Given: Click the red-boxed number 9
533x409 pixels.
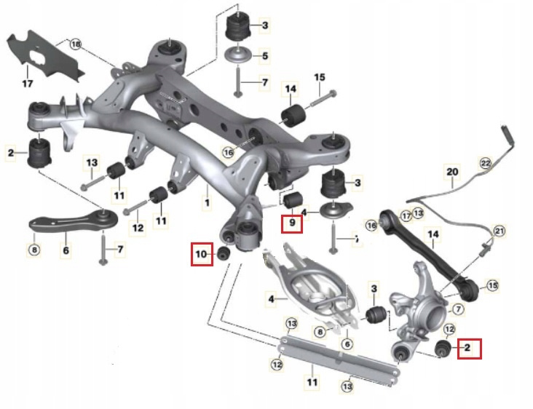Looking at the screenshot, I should [291, 221].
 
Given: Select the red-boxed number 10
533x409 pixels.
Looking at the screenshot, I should [201, 255].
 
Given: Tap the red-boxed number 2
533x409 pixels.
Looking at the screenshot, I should [467, 349].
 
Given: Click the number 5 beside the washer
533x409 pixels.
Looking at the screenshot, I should [265, 55].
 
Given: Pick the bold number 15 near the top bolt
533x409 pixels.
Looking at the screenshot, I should [320, 77].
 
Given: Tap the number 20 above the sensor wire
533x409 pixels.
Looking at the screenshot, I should [452, 172].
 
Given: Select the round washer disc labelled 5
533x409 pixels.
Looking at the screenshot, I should [238, 55].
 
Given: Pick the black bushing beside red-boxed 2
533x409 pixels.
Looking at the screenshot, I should [441, 348].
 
